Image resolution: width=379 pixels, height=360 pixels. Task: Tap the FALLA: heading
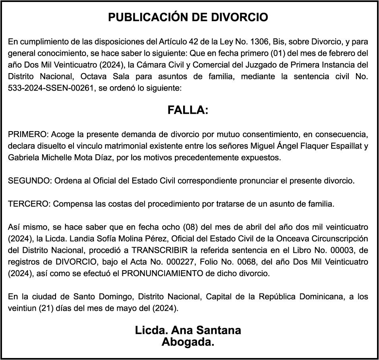coord(188,110)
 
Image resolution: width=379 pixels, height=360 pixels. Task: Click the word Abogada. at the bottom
coord(188,342)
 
